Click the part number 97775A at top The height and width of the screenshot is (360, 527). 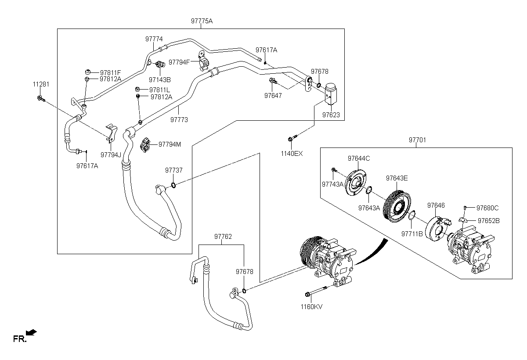[202, 21]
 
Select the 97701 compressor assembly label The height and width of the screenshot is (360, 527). [417, 140]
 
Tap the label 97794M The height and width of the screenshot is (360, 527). [170, 144]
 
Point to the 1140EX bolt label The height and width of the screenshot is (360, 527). [292, 153]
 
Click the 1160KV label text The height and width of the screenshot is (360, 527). [311, 307]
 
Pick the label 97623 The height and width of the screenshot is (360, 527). [331, 115]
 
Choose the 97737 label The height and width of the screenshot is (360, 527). [174, 170]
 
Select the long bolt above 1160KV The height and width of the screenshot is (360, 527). [315, 292]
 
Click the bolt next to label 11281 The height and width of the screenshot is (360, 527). [41, 98]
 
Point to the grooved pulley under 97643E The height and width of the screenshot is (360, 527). [397, 205]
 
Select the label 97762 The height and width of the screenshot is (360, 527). [223, 237]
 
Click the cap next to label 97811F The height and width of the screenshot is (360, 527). [88, 72]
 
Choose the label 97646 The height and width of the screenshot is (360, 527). [436, 205]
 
